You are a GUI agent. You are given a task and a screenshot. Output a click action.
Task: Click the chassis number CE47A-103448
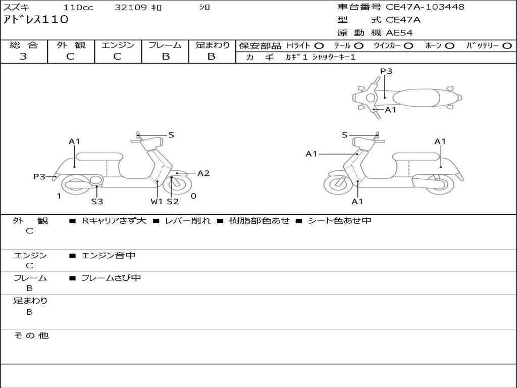click(x=425, y=7)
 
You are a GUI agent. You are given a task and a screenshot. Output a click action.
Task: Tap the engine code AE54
click(x=399, y=33)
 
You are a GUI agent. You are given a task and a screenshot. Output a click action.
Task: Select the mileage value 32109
click(x=131, y=8)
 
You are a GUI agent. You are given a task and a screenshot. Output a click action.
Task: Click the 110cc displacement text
click(x=78, y=8)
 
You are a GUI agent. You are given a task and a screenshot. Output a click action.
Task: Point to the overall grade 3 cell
click(x=23, y=57)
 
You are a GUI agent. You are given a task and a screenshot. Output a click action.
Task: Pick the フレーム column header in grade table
click(x=165, y=45)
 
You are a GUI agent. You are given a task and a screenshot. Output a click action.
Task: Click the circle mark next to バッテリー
click(x=507, y=45)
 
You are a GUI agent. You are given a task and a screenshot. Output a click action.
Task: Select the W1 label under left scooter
click(x=157, y=202)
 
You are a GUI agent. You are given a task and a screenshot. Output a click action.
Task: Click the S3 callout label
click(x=97, y=202)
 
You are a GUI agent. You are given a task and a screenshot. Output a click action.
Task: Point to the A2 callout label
click(x=203, y=173)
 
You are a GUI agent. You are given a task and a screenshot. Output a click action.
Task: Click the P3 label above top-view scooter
click(x=386, y=71)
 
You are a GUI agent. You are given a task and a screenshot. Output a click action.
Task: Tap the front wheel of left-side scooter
click(x=175, y=185)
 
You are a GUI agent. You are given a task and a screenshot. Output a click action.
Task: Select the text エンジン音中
click(x=109, y=256)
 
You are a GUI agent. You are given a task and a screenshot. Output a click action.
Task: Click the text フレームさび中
click(x=111, y=278)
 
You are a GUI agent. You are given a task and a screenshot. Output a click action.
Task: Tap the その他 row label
click(x=31, y=335)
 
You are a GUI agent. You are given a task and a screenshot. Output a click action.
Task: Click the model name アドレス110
click(x=35, y=20)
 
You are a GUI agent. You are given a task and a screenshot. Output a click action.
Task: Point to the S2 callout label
click(x=173, y=202)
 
